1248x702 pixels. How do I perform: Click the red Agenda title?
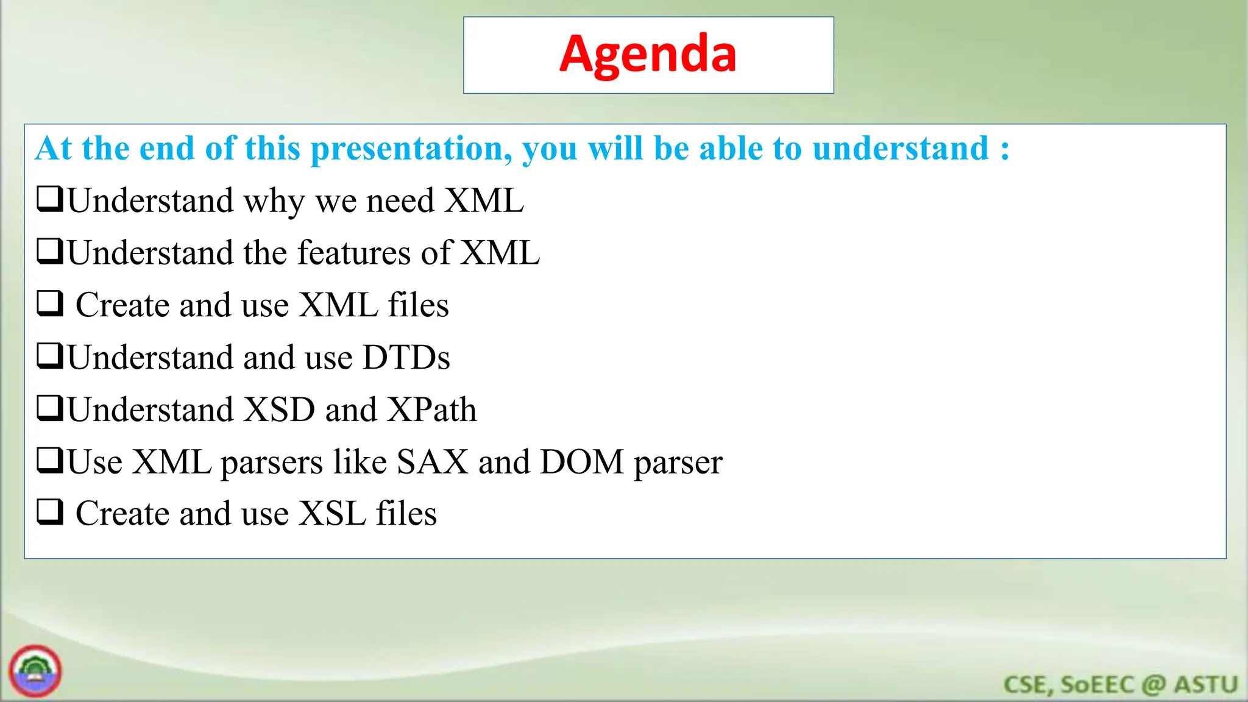coord(648,55)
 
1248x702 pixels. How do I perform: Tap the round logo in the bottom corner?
coord(35,671)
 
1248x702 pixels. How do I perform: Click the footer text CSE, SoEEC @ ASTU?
coord(1120,685)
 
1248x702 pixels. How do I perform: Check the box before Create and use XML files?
coord(50,303)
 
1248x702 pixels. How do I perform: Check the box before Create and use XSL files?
coord(50,512)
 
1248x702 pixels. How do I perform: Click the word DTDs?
coord(406,358)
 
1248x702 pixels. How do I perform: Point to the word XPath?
coord(432,409)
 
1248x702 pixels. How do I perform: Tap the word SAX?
coord(432,462)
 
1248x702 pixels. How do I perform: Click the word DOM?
coord(582,462)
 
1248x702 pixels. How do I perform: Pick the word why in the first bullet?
coord(274,202)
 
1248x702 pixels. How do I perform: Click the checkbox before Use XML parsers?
coord(50,460)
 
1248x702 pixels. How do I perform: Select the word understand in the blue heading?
coord(900,149)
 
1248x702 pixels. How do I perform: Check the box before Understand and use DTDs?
coord(50,356)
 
